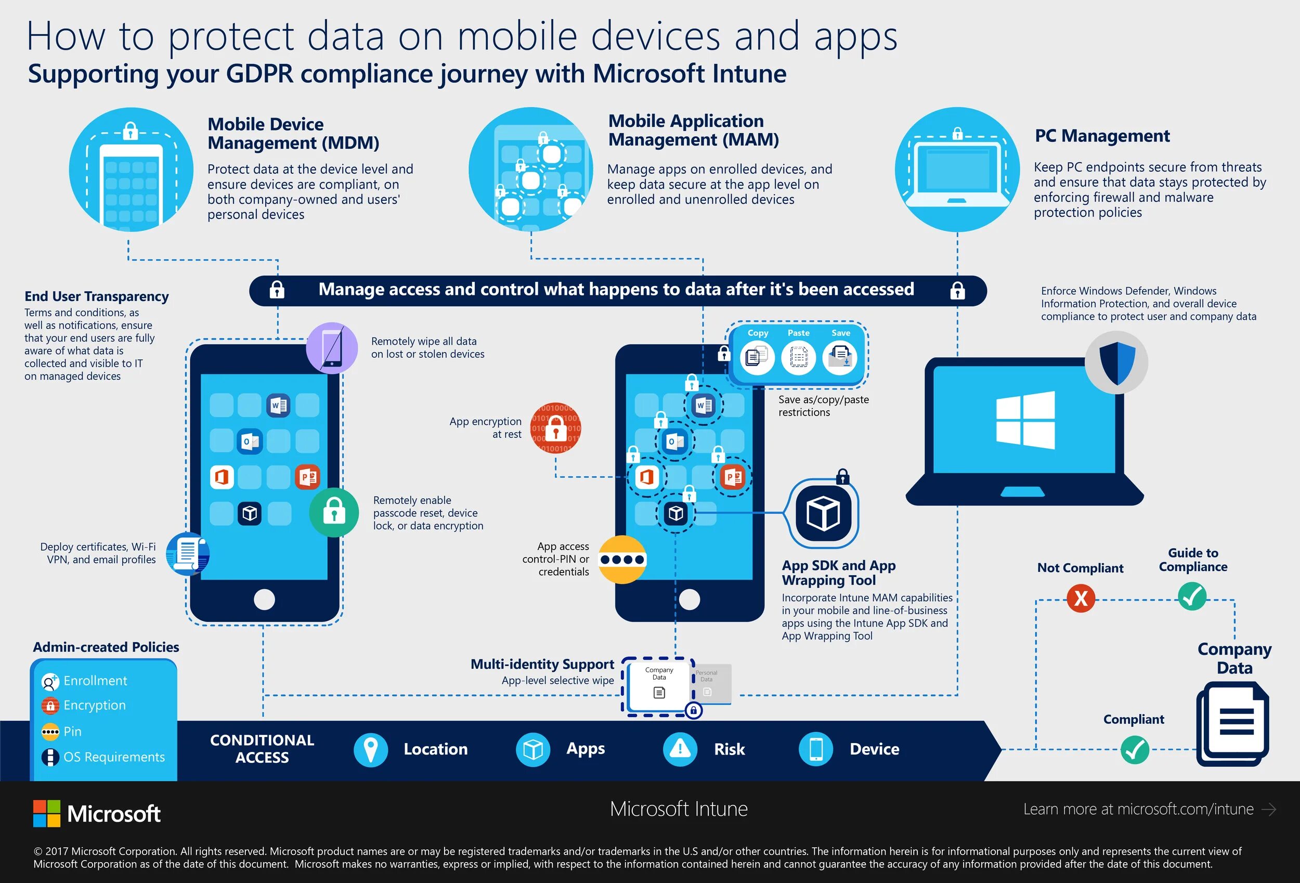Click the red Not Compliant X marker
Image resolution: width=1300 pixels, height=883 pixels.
1081,598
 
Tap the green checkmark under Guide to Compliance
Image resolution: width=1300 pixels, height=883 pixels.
1192,596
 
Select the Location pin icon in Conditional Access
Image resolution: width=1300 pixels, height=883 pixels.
370,749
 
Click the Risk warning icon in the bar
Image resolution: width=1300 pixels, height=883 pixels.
680,749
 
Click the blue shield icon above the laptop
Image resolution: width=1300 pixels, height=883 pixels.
1117,362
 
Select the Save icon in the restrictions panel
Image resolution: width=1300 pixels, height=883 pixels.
840,357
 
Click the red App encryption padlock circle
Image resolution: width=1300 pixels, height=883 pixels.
555,428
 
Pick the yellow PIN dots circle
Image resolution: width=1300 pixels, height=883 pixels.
622,560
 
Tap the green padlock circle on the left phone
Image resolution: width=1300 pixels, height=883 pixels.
334,512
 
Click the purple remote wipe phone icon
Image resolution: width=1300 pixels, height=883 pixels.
332,348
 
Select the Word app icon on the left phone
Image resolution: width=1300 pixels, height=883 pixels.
279,405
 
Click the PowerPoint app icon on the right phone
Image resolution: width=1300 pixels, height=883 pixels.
732,477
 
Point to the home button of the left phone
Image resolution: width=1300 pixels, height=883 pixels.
264,599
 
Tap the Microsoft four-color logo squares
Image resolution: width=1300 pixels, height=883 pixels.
46,813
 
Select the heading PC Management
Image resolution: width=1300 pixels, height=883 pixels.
1102,136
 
